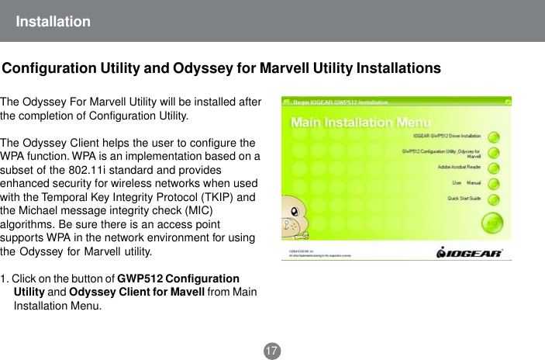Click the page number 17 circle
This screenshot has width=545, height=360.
[271, 351]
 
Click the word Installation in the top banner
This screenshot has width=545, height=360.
[53, 21]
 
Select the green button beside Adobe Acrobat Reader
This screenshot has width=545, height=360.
[493, 167]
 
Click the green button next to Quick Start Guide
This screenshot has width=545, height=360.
[493, 199]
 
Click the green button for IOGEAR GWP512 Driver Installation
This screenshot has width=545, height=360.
[493, 135]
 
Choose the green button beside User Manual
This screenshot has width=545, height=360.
[493, 183]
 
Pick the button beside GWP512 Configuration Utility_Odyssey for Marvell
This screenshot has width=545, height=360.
[493, 151]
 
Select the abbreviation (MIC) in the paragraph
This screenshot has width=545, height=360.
[198, 212]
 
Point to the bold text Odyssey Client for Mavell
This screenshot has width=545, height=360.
[136, 292]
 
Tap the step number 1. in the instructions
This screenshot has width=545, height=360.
[5, 279]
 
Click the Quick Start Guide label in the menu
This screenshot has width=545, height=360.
[464, 199]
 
